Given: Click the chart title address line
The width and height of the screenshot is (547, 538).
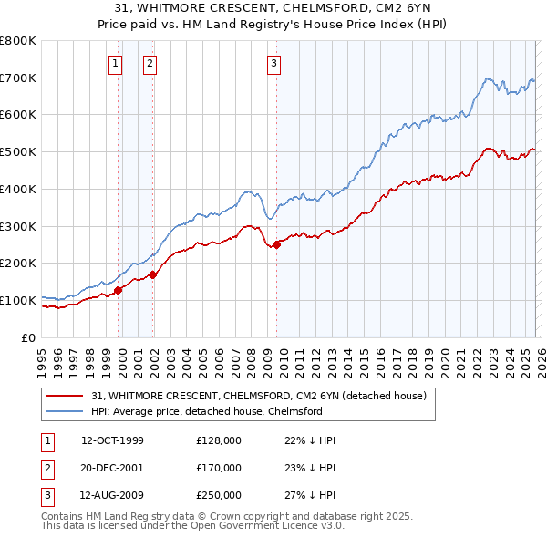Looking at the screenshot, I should coord(273,8).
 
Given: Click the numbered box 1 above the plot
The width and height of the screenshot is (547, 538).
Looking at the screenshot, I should coord(117,63).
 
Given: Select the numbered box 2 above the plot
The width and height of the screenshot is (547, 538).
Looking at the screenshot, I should coord(149,63).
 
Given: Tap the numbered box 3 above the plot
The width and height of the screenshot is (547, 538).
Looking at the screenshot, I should coord(273,63).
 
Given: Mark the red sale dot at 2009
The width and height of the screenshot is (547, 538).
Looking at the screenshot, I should coord(276,243).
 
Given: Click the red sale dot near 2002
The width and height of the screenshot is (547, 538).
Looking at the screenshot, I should coord(152,274).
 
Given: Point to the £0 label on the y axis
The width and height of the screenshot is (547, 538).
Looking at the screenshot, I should coord(29,337).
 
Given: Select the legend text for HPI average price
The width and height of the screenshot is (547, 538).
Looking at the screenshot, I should coord(207,411).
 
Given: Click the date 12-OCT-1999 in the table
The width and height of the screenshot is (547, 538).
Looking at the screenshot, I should coord(112,440).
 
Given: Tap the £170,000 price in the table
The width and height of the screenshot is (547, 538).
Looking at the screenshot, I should coord(218,468).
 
